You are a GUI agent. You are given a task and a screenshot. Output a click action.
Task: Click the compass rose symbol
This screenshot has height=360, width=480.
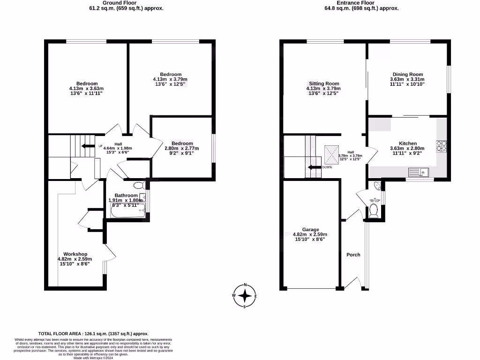click(245, 296)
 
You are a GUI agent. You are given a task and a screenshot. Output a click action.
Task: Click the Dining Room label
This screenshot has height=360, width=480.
click(407, 74)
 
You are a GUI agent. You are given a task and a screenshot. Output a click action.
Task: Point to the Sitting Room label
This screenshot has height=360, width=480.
click(323, 83)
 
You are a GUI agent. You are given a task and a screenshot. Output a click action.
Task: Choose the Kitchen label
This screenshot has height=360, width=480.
click(407, 143)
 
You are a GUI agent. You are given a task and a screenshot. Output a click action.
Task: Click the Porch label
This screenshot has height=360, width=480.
click(353, 255)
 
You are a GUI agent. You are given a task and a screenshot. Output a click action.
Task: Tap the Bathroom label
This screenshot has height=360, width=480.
click(126, 195)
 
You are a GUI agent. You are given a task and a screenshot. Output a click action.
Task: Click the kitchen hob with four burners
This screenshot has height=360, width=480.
click(441, 146)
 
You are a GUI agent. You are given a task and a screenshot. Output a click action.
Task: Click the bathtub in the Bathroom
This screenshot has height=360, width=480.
click(128, 212)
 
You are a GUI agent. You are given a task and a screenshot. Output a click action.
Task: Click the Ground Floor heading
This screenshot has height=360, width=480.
click(106, 3)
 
